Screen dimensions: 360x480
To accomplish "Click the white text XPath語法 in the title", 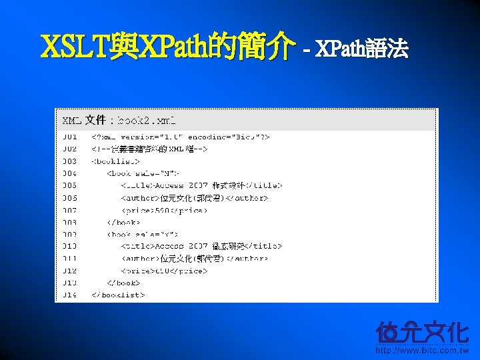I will pyautogui.click(x=361, y=49).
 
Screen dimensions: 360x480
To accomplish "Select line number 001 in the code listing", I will pyautogui.click(x=70, y=137).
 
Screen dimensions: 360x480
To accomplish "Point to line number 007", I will pyautogui.click(x=70, y=210).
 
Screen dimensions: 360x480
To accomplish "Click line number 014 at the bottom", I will pyautogui.click(x=70, y=294).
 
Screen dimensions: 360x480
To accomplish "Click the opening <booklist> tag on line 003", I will pyautogui.click(x=115, y=161).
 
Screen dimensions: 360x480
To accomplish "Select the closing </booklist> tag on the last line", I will pyautogui.click(x=118, y=294).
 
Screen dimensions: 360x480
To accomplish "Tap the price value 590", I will pyautogui.click(x=163, y=210).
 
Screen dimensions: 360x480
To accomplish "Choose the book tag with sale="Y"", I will pyautogui.click(x=143, y=234).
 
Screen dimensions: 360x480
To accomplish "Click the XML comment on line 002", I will pyautogui.click(x=150, y=149).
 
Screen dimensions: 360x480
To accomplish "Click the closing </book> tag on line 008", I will pyautogui.click(x=123, y=222).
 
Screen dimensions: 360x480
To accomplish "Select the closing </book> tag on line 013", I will pyautogui.click(x=123, y=283).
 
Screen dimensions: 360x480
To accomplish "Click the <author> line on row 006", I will pyautogui.click(x=194, y=198).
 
